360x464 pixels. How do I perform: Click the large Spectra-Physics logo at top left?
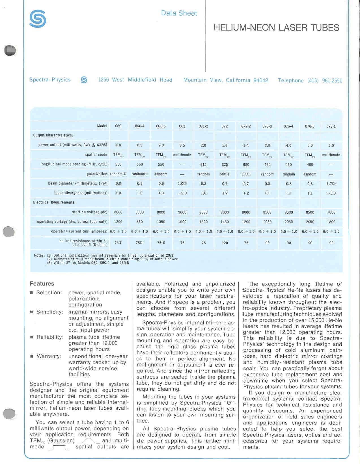click(x=38, y=19)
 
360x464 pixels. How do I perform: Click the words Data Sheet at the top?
click(x=179, y=13)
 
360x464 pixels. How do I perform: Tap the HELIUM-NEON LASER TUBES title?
click(x=276, y=27)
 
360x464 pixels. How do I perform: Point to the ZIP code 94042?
click(x=260, y=80)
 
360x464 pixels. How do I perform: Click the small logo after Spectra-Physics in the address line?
click(x=84, y=80)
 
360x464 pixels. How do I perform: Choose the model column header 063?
click(x=182, y=126)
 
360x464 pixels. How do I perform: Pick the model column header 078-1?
click(x=331, y=126)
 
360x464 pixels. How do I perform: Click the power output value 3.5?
click(x=182, y=145)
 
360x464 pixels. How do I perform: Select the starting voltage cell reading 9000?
click(x=182, y=212)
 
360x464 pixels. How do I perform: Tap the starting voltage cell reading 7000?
click(x=331, y=212)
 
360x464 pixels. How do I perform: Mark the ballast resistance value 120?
click(x=225, y=243)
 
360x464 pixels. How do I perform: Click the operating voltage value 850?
click(x=139, y=222)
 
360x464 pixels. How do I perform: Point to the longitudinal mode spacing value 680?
click(x=246, y=164)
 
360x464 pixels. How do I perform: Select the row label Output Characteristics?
click(x=53, y=135)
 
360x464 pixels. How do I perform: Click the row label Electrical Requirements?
click(x=54, y=202)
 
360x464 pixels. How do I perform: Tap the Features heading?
click(x=42, y=283)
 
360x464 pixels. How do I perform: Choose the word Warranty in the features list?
click(x=49, y=356)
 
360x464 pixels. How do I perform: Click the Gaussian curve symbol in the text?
click(x=88, y=441)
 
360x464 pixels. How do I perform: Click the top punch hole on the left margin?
click(x=10, y=50)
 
